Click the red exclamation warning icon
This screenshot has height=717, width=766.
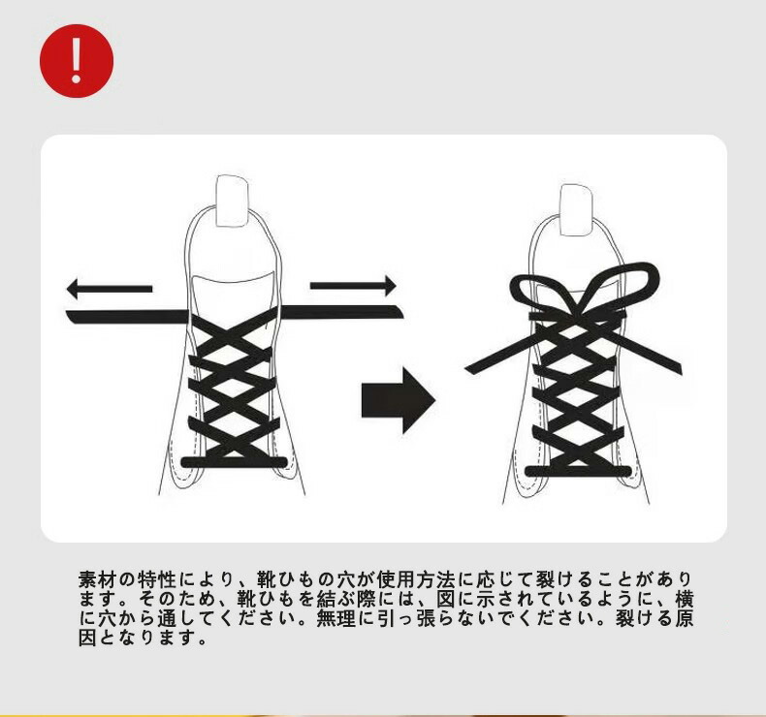[77, 61]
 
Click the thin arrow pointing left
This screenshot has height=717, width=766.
[110, 289]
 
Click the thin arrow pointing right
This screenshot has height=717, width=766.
[353, 286]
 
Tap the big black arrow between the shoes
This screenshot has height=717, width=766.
[399, 400]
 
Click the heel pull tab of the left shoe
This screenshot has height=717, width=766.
[232, 201]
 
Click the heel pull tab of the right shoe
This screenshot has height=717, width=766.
[577, 210]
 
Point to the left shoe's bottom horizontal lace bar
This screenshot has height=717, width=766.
[234, 462]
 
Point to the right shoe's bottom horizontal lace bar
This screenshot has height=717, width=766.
[578, 471]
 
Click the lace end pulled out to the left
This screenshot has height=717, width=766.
[128, 317]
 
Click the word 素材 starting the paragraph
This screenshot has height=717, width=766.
[97, 579]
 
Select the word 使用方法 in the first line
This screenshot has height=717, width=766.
[416, 579]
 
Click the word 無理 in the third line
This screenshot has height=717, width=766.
[336, 618]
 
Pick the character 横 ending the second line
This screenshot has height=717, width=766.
[684, 599]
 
